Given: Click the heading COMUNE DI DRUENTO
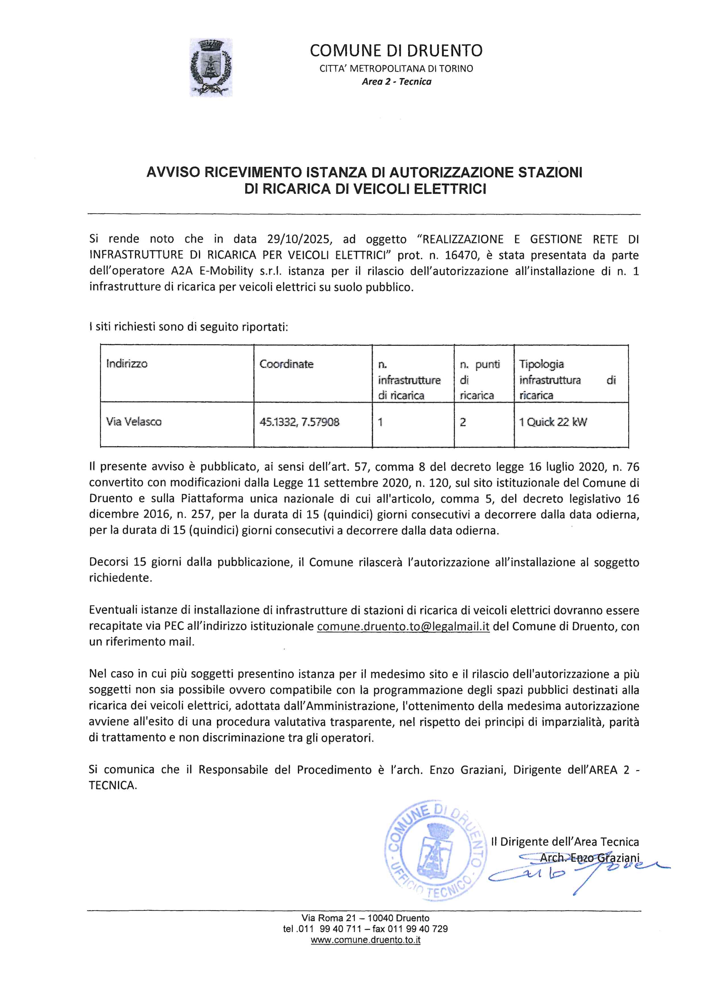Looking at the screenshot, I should (396, 51).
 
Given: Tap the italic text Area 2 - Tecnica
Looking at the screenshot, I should (396, 82).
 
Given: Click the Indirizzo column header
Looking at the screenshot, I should (127, 364).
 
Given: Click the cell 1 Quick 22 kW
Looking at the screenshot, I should (553, 421).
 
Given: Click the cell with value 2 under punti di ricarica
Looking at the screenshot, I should (463, 421).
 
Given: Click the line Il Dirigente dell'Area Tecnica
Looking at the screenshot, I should (565, 841).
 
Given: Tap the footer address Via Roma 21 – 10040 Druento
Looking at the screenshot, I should (366, 918).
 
